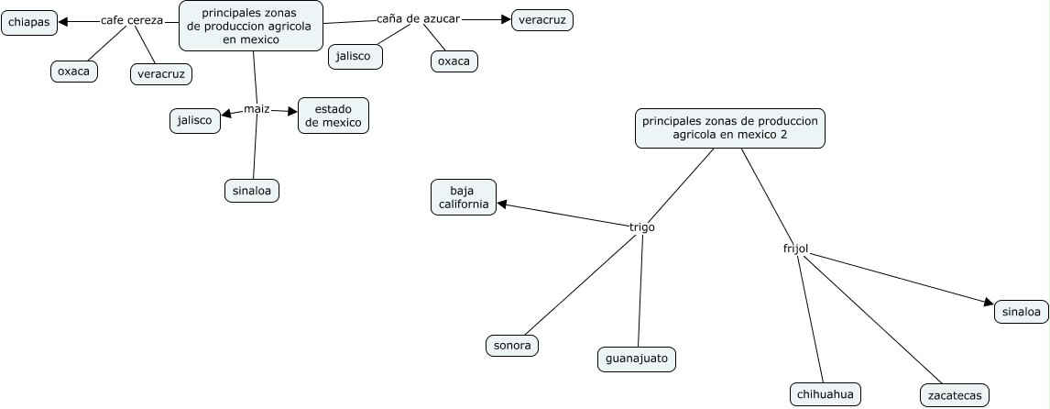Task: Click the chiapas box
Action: pyautogui.click(x=29, y=23)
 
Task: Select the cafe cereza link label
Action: pyautogui.click(x=132, y=20)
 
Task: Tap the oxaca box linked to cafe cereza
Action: pyautogui.click(x=73, y=71)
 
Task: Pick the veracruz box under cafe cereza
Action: pyautogui.click(x=161, y=73)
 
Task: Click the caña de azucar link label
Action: pyautogui.click(x=418, y=18)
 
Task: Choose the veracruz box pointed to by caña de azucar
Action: pyautogui.click(x=541, y=19)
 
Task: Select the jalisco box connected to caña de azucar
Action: pyautogui.click(x=354, y=56)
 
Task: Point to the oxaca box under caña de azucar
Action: pyautogui.click(x=454, y=61)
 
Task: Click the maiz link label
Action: pyautogui.click(x=257, y=110)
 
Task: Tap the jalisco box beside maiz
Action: pyautogui.click(x=195, y=120)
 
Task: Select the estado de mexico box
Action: pyautogui.click(x=334, y=116)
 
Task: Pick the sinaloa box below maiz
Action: pyautogui.click(x=251, y=190)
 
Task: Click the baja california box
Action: pyautogui.click(x=464, y=196)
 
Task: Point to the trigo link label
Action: pyautogui.click(x=642, y=227)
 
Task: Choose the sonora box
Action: pyautogui.click(x=511, y=345)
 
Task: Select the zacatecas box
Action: pyautogui.click(x=954, y=396)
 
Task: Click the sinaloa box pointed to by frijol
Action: pyautogui.click(x=1021, y=312)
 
